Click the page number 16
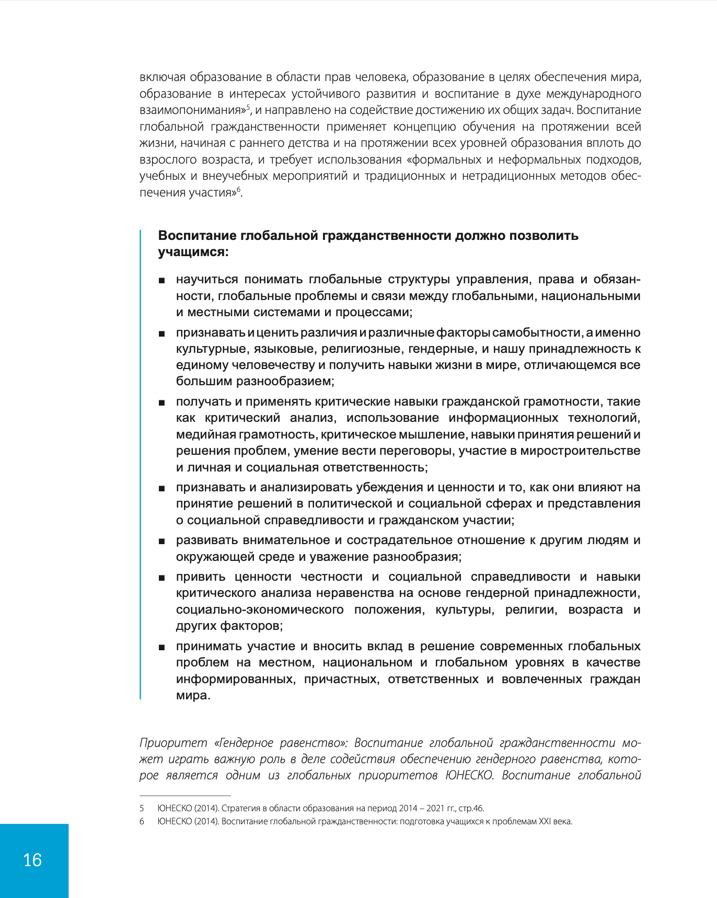click(32, 860)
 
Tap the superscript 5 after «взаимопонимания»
click(249, 107)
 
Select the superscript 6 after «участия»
click(239, 189)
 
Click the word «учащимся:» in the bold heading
click(193, 252)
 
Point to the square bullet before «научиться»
click(162, 281)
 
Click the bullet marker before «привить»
click(162, 578)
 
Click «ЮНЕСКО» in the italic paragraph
click(469, 775)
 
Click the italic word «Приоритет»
click(173, 743)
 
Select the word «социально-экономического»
click(260, 609)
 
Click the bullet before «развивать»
click(162, 541)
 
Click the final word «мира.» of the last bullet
click(193, 695)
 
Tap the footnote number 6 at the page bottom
click(142, 821)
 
